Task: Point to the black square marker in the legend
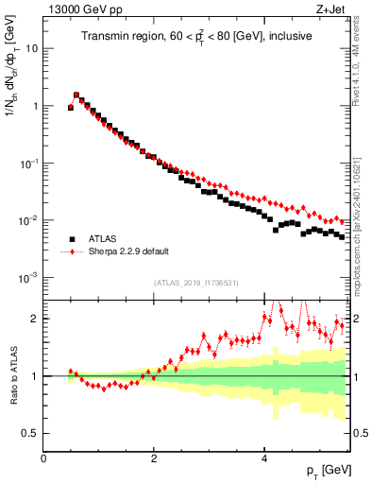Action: pyautogui.click(x=72, y=239)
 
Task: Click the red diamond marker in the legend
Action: pyautogui.click(x=72, y=252)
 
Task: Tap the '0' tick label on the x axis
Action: pyautogui.click(x=43, y=458)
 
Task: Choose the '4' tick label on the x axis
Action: pyautogui.click(x=265, y=458)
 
